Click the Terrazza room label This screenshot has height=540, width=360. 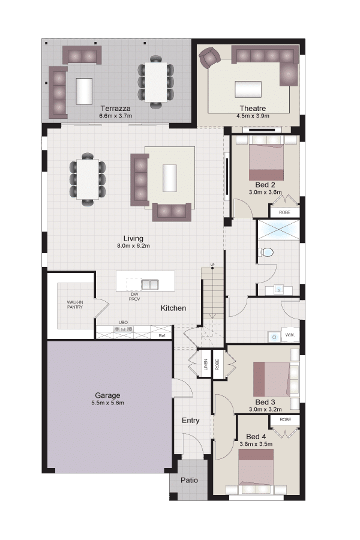tap(115, 109)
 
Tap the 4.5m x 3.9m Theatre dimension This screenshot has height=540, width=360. tap(253, 116)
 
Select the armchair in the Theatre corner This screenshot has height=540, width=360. tap(209, 57)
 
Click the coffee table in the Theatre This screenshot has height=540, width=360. tap(248, 89)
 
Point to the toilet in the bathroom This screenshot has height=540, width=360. tap(266, 253)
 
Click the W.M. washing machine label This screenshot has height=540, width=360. tap(290, 334)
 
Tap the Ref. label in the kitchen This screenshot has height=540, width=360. tap(162, 335)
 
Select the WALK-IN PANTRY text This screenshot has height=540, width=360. tap(75, 304)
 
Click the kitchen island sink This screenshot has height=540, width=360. tap(150, 284)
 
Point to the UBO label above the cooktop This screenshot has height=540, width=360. tap(124, 322)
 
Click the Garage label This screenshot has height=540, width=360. tap(107, 395)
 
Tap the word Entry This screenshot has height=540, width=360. tap(191, 421)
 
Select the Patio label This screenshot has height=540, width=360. tap(189, 480)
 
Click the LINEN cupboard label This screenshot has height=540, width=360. tap(206, 365)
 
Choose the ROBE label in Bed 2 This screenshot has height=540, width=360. tap(284, 212)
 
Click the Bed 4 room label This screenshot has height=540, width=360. tap(256, 437)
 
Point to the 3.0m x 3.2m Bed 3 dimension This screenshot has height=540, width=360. tap(265, 409)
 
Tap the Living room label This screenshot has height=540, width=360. tap(133, 238)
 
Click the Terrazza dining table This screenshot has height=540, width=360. tap(156, 82)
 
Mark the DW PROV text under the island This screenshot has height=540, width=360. tap(134, 297)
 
